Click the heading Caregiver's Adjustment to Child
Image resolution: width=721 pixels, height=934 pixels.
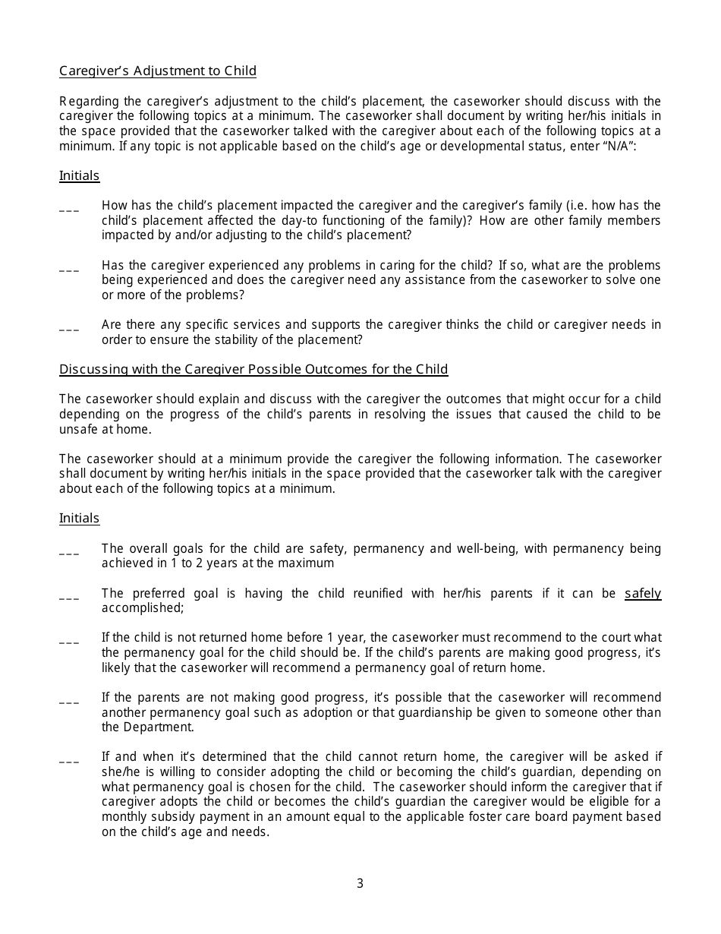158,71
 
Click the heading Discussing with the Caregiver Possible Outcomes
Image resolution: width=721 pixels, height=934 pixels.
253,370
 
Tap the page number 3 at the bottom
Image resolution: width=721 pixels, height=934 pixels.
360,884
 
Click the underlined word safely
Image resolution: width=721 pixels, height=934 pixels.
642,594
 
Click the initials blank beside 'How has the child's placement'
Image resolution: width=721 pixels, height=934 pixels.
69,208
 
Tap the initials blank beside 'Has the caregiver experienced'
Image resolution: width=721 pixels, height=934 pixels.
69,268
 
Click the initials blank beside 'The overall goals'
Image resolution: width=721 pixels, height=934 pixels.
69,551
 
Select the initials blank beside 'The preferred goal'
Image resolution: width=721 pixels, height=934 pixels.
69,596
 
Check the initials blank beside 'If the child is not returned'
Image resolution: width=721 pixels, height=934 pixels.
69,641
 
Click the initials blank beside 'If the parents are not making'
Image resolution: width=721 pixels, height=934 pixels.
69,700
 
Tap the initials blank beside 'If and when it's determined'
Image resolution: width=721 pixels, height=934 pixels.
69,759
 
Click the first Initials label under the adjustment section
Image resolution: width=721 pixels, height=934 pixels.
80,176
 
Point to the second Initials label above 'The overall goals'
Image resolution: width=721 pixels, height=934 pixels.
80,519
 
